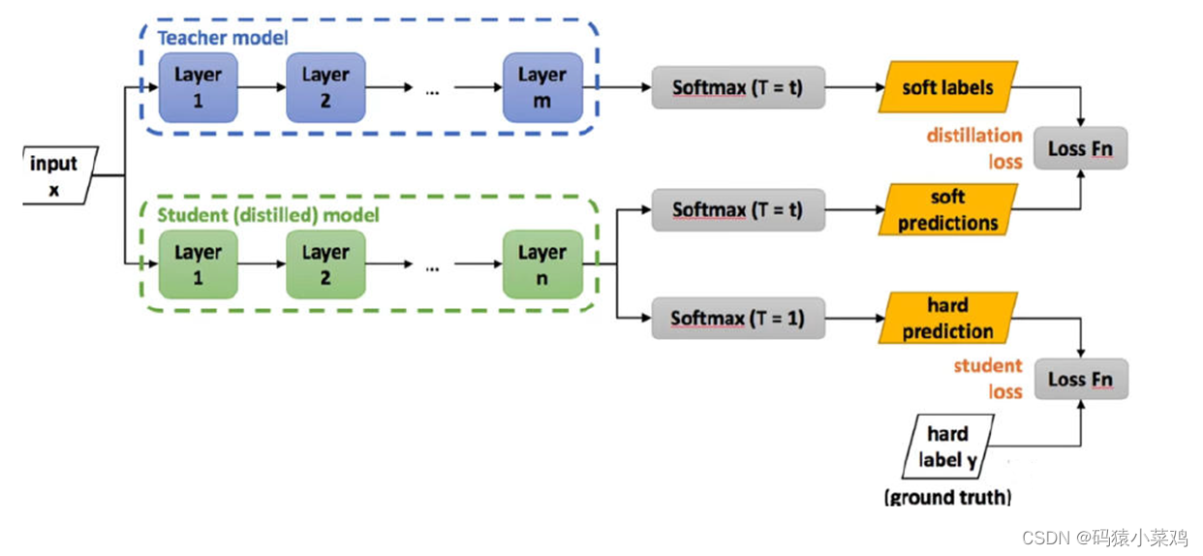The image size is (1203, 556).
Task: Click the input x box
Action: click(56, 175)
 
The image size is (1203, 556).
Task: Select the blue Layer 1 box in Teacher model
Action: click(198, 87)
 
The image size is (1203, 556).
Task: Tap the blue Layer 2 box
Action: click(324, 87)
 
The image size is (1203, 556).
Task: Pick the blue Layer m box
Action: click(541, 87)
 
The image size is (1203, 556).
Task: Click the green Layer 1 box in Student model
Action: click(198, 264)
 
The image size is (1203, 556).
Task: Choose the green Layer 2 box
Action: click(324, 264)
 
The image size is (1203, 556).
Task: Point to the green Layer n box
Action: click(541, 264)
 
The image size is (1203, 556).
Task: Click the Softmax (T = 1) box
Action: click(738, 318)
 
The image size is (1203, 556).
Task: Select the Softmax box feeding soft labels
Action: click(738, 87)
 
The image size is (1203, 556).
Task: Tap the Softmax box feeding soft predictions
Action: click(738, 209)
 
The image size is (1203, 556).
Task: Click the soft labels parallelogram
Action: click(947, 87)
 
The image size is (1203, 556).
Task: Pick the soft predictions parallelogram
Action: click(947, 210)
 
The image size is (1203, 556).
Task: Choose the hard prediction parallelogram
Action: click(947, 318)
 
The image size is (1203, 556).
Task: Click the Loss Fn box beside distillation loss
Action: click(1080, 149)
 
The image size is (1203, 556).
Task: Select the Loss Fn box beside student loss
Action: click(1080, 379)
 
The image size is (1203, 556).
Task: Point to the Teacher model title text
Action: click(223, 38)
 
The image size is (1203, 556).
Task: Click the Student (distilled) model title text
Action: click(268, 214)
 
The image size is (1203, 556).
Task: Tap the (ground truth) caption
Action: click(947, 498)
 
